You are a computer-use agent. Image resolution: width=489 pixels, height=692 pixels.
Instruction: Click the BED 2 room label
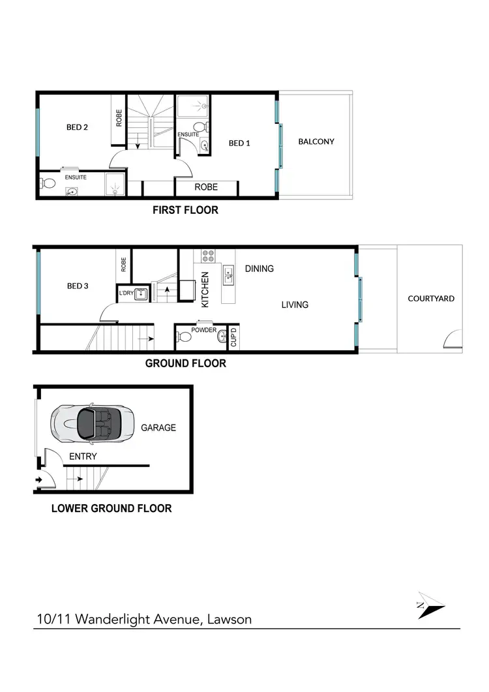pyautogui.click(x=77, y=127)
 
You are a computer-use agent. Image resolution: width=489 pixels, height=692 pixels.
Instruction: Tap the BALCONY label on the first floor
pyautogui.click(x=316, y=142)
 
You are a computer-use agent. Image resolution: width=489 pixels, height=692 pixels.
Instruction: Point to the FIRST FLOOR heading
pyautogui.click(x=185, y=210)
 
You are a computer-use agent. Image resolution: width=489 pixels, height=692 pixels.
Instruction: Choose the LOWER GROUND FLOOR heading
pyautogui.click(x=111, y=508)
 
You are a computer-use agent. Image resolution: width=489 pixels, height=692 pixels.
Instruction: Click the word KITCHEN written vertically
pyautogui.click(x=204, y=290)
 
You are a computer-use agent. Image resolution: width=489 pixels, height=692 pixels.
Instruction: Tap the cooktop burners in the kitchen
pyautogui.click(x=209, y=256)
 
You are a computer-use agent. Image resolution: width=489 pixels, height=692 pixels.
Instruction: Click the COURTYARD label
pyautogui.click(x=431, y=299)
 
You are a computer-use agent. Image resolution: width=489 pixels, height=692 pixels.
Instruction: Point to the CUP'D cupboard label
pyautogui.click(x=234, y=337)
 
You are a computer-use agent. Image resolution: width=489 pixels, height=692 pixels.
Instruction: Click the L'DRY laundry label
pyautogui.click(x=126, y=293)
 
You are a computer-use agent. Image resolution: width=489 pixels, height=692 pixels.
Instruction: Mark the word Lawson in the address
pyautogui.click(x=229, y=619)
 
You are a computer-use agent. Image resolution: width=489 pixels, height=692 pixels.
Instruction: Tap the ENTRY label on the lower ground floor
pyautogui.click(x=82, y=457)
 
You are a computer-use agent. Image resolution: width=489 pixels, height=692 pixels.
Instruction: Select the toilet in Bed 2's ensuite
pyautogui.click(x=47, y=183)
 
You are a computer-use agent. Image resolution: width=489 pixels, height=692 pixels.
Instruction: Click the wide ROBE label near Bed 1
pyautogui.click(x=206, y=187)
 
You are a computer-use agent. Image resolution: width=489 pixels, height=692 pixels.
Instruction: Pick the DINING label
pyautogui.click(x=259, y=269)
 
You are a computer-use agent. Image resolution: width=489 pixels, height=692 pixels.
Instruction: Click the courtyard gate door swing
pyautogui.click(x=453, y=339)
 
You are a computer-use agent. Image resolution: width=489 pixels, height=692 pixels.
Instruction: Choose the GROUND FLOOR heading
pyautogui.click(x=185, y=363)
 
